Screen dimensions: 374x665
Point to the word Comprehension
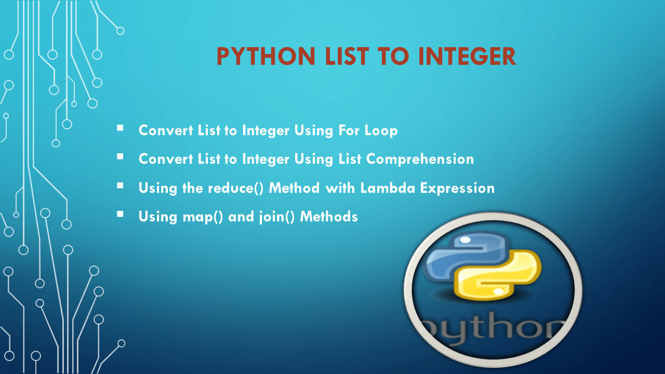(x=420, y=159)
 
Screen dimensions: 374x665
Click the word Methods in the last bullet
(x=329, y=216)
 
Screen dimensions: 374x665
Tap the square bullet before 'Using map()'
(x=121, y=213)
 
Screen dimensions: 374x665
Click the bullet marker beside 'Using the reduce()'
(x=121, y=185)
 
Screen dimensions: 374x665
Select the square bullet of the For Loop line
(x=121, y=127)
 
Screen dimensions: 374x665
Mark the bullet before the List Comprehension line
(x=121, y=156)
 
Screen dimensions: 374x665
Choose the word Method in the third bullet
(x=294, y=188)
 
